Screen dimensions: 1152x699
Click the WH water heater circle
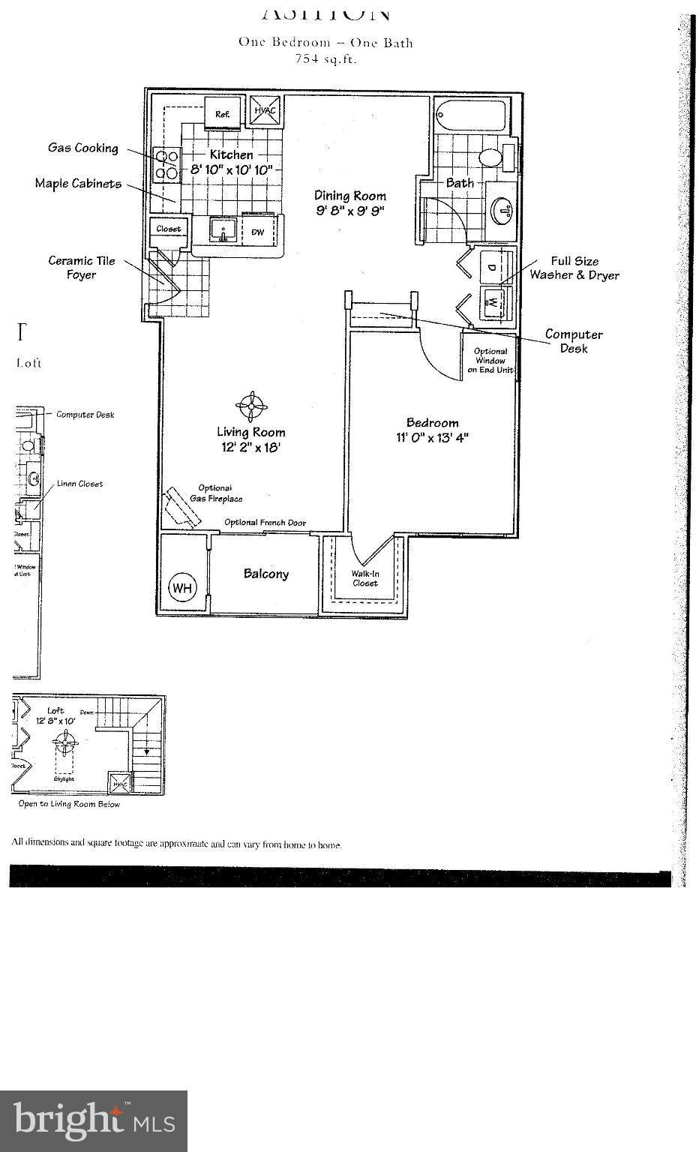pyautogui.click(x=181, y=587)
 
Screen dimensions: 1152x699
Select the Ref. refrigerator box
pyautogui.click(x=223, y=114)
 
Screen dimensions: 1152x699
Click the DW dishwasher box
pyautogui.click(x=257, y=232)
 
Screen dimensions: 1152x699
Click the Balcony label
pyautogui.click(x=265, y=574)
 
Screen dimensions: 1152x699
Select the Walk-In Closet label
pyautogui.click(x=365, y=578)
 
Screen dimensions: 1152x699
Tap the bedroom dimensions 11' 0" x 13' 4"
pyautogui.click(x=433, y=437)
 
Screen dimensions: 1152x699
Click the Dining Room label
pyautogui.click(x=350, y=196)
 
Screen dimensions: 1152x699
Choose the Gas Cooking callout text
pyautogui.click(x=83, y=148)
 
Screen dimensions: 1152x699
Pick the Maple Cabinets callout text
pyautogui.click(x=78, y=183)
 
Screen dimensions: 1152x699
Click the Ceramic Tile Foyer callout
pyautogui.click(x=82, y=268)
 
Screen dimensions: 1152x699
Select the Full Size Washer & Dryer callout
pyautogui.click(x=574, y=268)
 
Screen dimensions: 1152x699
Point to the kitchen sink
pyautogui.click(x=222, y=230)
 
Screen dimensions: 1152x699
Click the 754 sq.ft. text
pyautogui.click(x=325, y=59)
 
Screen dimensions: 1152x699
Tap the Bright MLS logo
pyautogui.click(x=94, y=1120)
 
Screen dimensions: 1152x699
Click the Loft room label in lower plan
pyautogui.click(x=55, y=710)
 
